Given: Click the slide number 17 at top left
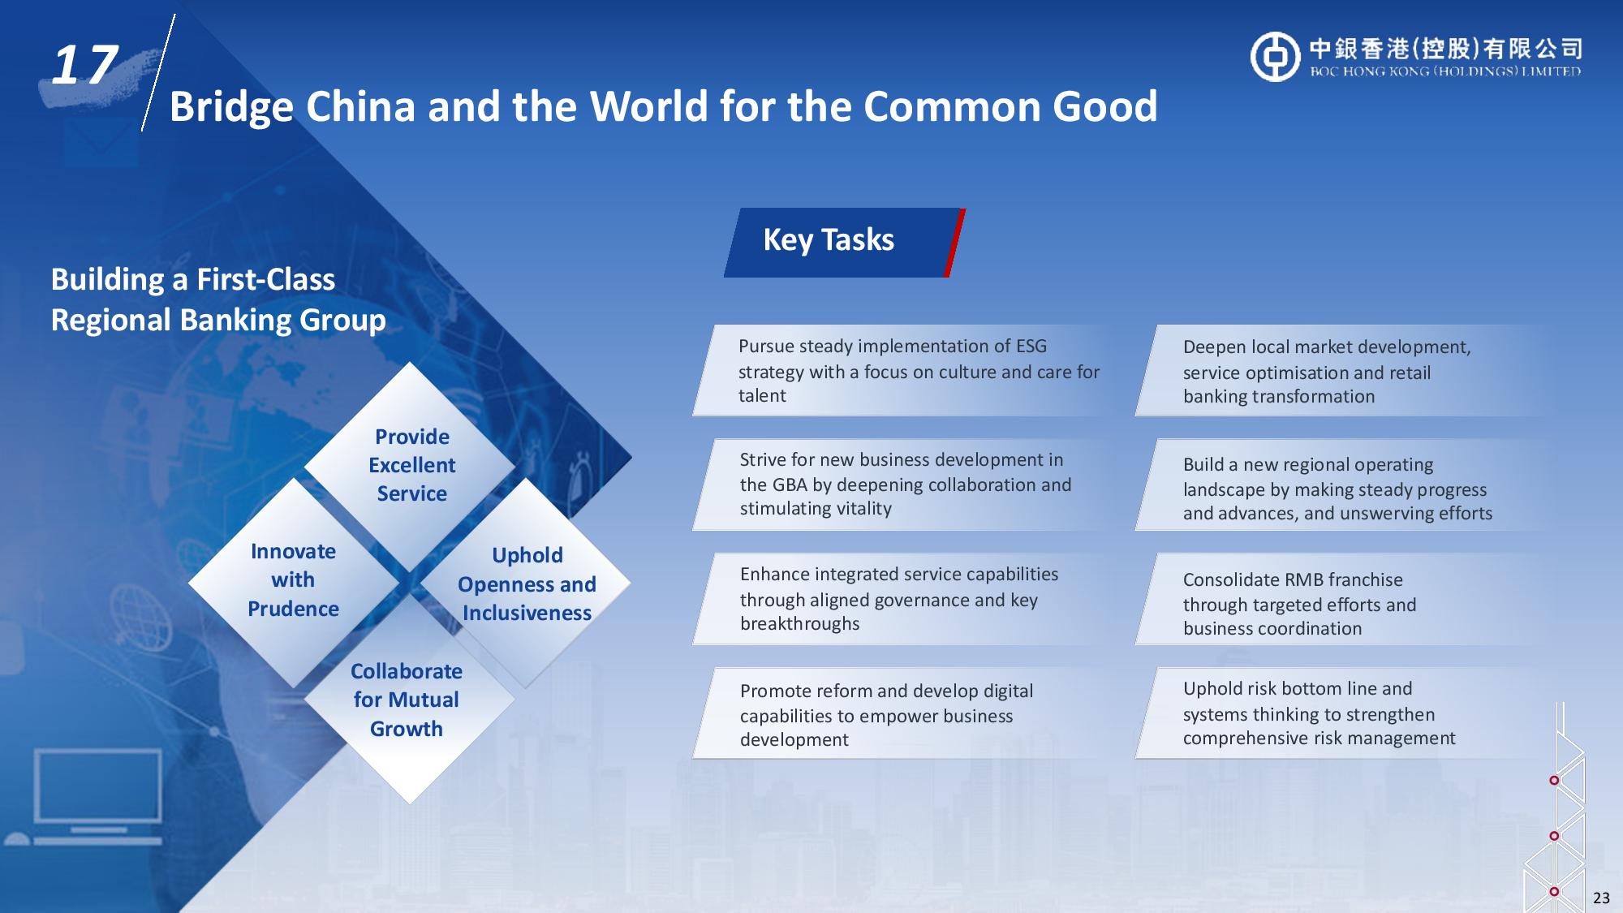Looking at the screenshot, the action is click(84, 64).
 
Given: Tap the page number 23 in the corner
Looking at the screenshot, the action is click(1601, 898).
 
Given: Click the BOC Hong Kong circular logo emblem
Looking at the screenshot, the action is click(1275, 57).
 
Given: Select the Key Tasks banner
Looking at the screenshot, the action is click(844, 243).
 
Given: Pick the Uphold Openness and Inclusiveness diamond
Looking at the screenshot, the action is click(526, 583).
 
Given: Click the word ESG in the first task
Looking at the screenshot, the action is click(1031, 347).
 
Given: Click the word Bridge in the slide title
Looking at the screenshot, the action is click(231, 108).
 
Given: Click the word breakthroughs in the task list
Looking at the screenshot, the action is click(799, 624).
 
